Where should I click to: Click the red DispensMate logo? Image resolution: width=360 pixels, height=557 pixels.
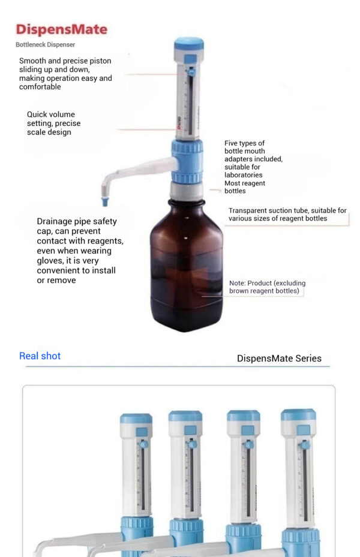pyautogui.click(x=61, y=29)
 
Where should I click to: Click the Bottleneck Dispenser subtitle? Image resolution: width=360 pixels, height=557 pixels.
pyautogui.click(x=45, y=45)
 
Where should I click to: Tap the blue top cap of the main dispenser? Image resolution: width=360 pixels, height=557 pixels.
pyautogui.click(x=189, y=44)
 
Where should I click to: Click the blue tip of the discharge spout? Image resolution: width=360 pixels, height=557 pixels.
pyautogui.click(x=105, y=202)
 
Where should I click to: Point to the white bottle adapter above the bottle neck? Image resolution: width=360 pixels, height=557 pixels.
pyautogui.click(x=187, y=191)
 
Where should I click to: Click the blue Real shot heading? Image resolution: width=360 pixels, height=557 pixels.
pyautogui.click(x=40, y=356)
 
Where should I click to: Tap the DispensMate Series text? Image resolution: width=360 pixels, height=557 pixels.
pyautogui.click(x=279, y=359)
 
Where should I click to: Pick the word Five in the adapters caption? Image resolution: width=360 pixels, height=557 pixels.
pyautogui.click(x=231, y=143)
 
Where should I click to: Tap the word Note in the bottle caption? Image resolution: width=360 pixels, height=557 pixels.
pyautogui.click(x=236, y=283)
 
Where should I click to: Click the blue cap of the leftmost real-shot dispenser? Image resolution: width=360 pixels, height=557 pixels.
pyautogui.click(x=136, y=418)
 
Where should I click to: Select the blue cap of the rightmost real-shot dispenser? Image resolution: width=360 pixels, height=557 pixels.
pyautogui.click(x=298, y=414)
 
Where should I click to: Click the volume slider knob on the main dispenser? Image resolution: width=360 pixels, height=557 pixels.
pyautogui.click(x=192, y=73)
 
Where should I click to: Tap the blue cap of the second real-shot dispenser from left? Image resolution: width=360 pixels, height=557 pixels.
pyautogui.click(x=185, y=416)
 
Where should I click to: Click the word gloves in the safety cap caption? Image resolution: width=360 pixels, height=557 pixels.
pyautogui.click(x=49, y=261)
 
